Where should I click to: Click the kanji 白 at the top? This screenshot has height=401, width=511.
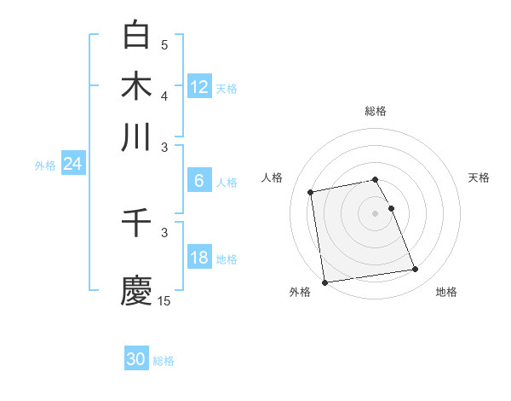[x=136, y=36]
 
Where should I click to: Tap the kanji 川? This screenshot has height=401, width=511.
[x=136, y=137]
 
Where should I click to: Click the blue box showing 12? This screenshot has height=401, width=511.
[x=199, y=87]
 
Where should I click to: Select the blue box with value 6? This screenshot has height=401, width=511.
[x=199, y=180]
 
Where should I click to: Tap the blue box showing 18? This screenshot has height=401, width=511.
[x=199, y=258]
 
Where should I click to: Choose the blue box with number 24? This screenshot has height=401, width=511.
[x=72, y=164]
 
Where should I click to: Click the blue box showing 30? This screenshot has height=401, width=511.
[x=136, y=359]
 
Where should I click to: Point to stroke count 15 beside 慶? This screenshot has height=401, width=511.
[x=164, y=300]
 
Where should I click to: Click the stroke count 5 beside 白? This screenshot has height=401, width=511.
[x=164, y=45]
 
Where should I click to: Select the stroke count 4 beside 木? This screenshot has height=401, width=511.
[x=164, y=96]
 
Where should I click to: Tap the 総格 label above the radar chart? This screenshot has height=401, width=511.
[x=376, y=111]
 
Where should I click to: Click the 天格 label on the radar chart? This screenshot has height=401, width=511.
[x=479, y=177]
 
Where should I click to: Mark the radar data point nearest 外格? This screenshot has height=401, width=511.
[x=324, y=282]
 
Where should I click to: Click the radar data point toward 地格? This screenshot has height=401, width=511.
[x=415, y=270]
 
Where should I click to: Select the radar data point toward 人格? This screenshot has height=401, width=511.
[x=312, y=192]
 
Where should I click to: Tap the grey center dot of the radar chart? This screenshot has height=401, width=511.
[x=376, y=212]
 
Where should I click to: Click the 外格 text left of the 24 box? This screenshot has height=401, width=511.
[x=44, y=166]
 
